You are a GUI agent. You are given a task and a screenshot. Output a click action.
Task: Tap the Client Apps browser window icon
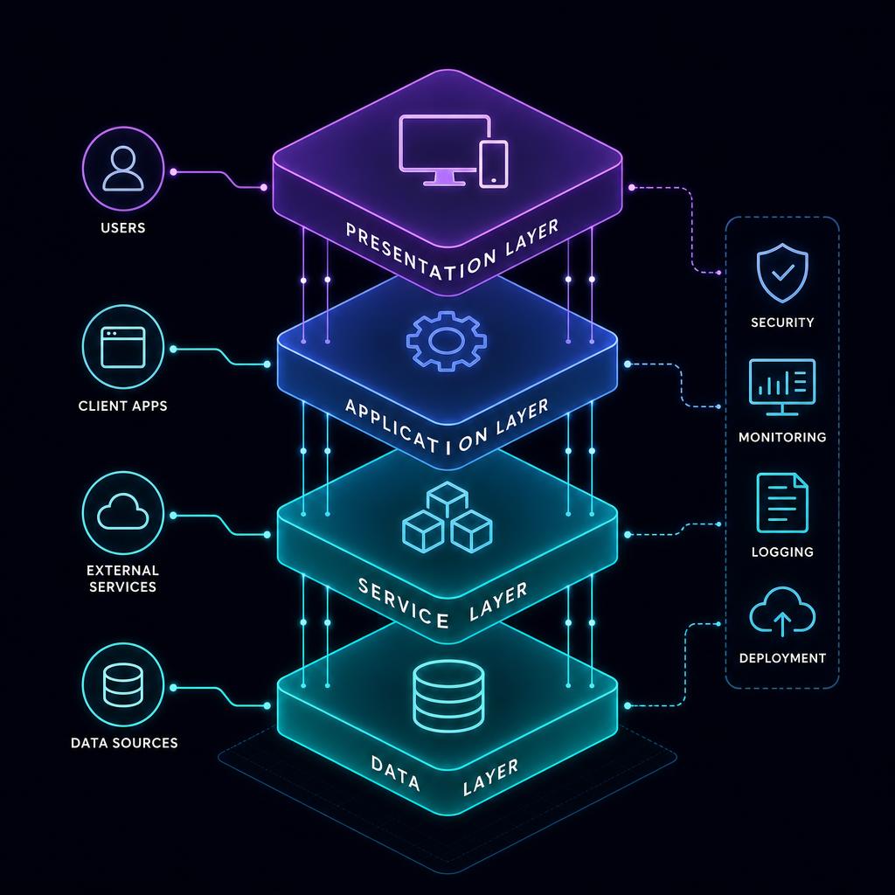[x=122, y=347]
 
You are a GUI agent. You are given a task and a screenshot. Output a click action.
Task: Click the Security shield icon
[x=782, y=273]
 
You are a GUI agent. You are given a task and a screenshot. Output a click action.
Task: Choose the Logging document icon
[x=782, y=503]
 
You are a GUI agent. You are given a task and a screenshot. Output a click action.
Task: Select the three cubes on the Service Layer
[x=447, y=517]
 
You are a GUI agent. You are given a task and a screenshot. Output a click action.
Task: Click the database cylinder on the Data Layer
[x=448, y=696]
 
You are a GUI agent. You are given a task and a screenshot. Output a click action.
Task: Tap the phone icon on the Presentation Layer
[x=493, y=164]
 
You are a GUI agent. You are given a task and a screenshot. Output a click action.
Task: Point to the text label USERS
[x=122, y=228]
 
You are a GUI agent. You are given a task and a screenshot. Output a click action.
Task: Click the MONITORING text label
[x=782, y=437]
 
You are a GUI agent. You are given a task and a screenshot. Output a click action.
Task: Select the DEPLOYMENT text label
[x=782, y=658]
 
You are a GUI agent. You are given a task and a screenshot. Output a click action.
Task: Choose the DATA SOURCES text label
[x=124, y=743]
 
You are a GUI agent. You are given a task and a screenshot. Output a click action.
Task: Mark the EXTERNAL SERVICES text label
[x=122, y=579]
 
